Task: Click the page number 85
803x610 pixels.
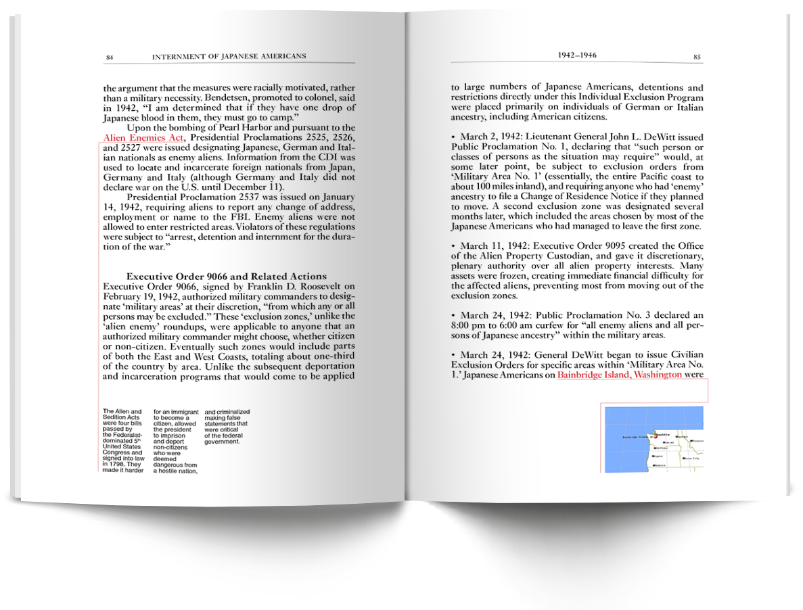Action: [697, 57]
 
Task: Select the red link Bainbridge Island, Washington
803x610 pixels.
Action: [619, 375]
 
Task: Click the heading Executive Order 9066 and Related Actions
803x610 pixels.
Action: [227, 276]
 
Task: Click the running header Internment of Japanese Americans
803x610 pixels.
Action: [229, 56]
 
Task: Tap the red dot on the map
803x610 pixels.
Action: [655, 436]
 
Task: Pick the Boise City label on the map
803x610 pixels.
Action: [691, 458]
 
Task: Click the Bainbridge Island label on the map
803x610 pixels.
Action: [635, 438]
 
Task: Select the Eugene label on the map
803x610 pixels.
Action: [657, 457]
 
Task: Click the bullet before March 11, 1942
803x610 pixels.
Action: [453, 245]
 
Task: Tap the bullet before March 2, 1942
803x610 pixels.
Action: [453, 137]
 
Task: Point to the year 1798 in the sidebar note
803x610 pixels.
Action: [112, 465]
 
